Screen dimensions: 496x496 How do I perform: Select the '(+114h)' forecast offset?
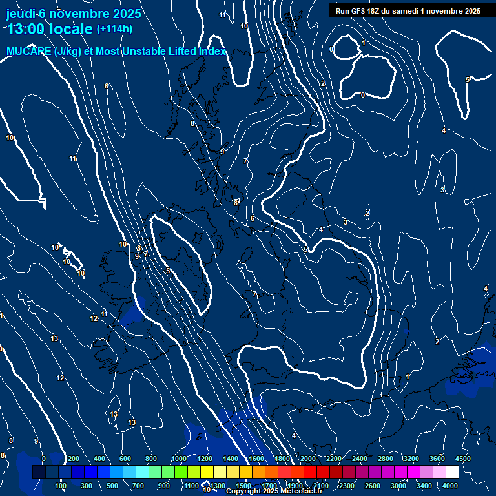[114, 29]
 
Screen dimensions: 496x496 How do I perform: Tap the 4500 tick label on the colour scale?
[463, 459]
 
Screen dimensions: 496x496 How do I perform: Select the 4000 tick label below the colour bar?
[450, 486]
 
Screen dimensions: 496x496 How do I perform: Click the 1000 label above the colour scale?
[178, 459]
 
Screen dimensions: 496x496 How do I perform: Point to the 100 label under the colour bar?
[61, 486]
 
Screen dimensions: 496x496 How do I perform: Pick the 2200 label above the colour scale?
[334, 459]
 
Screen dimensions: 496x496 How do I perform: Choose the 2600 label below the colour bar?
[373, 486]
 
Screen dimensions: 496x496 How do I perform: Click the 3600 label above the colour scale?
[437, 459]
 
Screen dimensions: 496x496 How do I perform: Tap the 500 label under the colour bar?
[113, 486]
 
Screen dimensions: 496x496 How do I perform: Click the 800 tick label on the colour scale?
[151, 459]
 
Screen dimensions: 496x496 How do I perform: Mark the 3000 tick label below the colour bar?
[398, 486]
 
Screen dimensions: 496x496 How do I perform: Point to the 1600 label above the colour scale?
[256, 459]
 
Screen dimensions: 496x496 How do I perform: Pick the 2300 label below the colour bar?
[347, 486]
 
